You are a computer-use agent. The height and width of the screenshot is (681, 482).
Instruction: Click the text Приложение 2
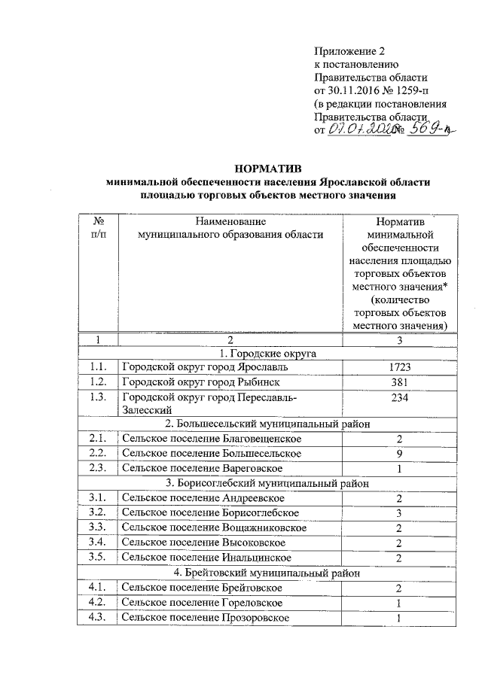click(349, 52)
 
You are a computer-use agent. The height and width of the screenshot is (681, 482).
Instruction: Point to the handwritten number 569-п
click(430, 129)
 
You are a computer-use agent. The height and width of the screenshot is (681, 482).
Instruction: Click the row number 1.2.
click(96, 382)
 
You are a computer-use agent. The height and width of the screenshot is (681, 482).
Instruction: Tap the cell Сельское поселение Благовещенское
click(212, 439)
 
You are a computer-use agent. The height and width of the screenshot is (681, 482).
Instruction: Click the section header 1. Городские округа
click(268, 353)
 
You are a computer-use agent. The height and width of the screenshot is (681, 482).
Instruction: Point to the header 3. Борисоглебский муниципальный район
click(268, 483)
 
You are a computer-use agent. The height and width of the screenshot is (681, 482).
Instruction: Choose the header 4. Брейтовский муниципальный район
click(268, 572)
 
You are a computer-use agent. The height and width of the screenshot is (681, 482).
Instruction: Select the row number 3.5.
click(96, 557)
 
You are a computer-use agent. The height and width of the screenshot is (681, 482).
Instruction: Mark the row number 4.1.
click(96, 587)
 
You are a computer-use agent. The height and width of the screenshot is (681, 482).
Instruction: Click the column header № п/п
click(98, 228)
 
